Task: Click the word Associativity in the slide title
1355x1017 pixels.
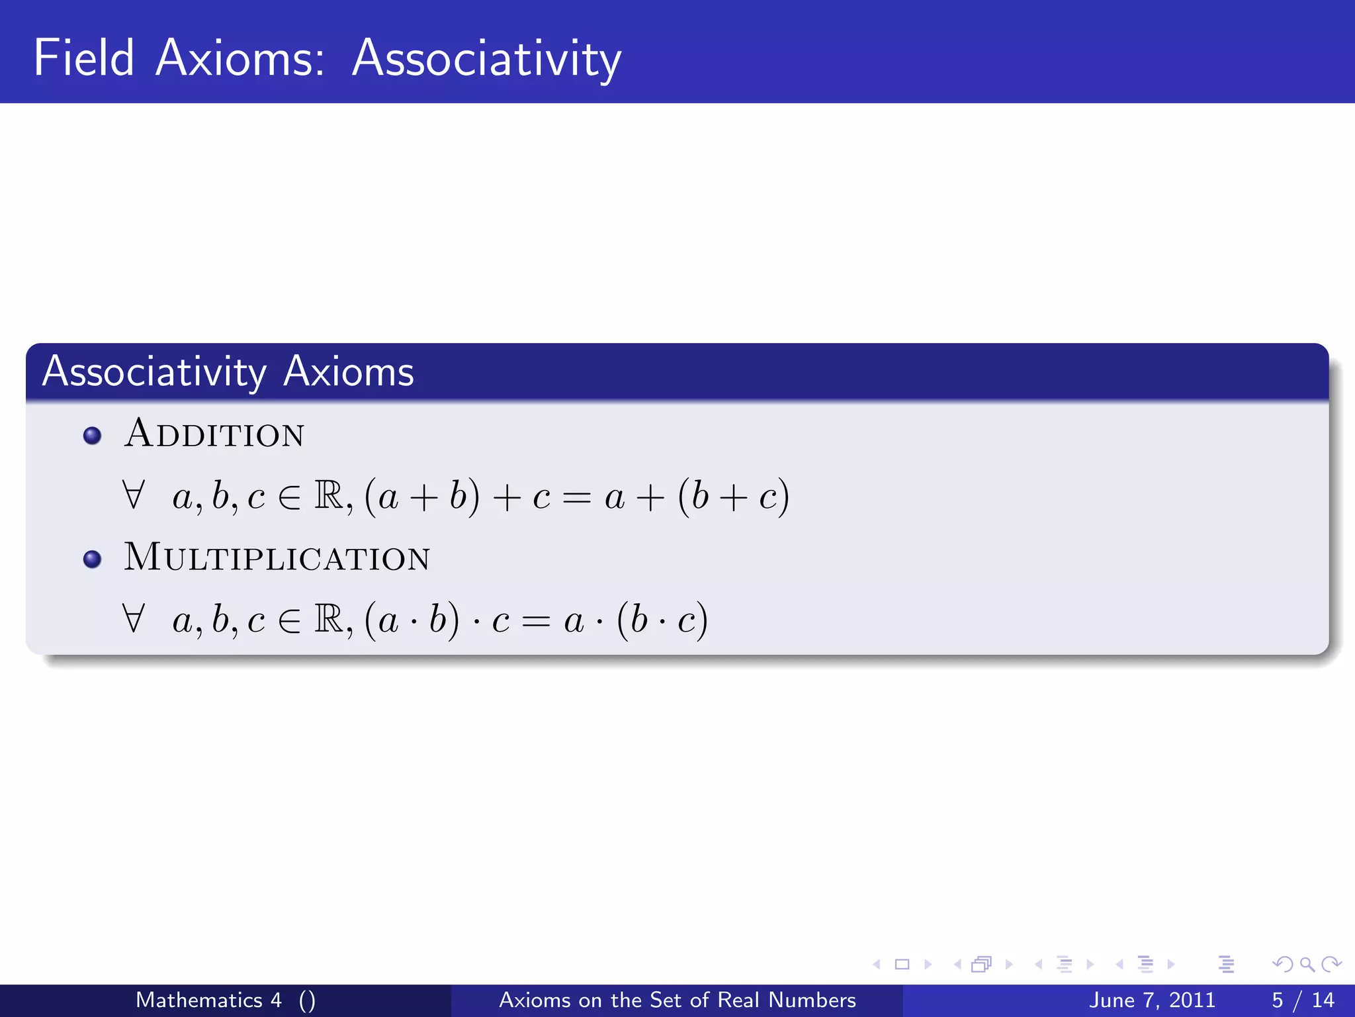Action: click(x=486, y=58)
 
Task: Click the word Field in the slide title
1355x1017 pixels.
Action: click(x=84, y=58)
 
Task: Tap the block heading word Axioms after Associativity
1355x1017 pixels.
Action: click(x=349, y=371)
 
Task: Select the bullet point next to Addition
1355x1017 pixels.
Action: click(x=93, y=436)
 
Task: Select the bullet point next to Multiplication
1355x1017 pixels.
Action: click(x=93, y=559)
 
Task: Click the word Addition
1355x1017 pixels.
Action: click(x=214, y=434)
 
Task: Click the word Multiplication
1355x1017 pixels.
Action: click(x=277, y=557)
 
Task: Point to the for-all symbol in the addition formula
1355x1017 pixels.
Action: click(x=133, y=495)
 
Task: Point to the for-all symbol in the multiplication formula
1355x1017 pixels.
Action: click(x=133, y=618)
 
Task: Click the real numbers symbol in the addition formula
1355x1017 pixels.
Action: click(x=329, y=495)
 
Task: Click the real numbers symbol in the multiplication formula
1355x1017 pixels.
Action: click(x=329, y=618)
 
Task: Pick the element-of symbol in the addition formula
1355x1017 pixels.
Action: click(x=289, y=497)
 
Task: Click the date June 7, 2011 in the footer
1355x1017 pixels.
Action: click(x=1152, y=1000)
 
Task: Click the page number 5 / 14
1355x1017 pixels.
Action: click(x=1303, y=1000)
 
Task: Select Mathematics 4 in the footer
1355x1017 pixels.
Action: click(x=208, y=1000)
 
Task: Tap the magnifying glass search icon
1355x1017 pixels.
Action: click(x=1307, y=964)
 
